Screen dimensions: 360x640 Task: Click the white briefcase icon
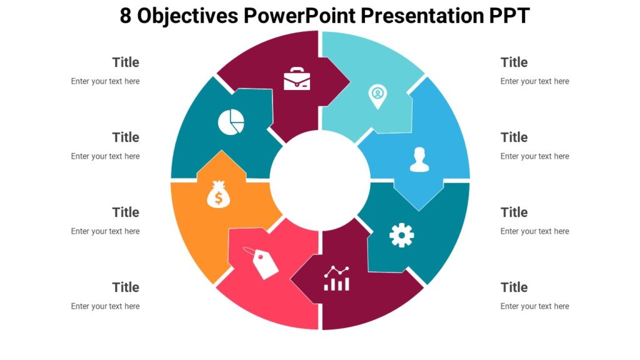click(297, 79)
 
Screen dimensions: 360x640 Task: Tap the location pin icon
click(377, 96)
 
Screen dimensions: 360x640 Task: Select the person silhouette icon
click(419, 159)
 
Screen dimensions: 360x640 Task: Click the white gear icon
click(401, 235)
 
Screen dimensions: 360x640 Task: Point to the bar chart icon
click(336, 279)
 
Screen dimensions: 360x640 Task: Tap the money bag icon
click(218, 194)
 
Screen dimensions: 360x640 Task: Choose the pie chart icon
click(231, 122)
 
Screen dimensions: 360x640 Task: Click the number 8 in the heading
click(126, 16)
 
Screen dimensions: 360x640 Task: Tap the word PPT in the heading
click(509, 16)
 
